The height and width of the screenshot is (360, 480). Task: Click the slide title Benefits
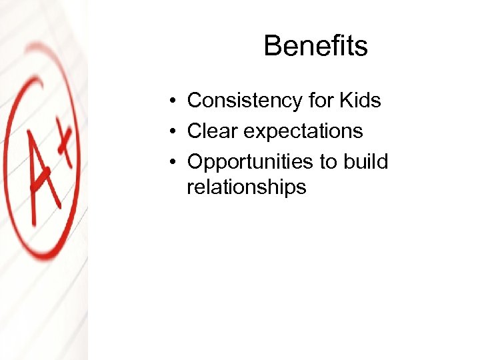(x=315, y=46)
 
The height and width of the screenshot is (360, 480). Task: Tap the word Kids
(x=360, y=101)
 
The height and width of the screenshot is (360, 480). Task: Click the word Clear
(x=213, y=131)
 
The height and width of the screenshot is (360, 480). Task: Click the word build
(x=365, y=161)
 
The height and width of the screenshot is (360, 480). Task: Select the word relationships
(x=246, y=187)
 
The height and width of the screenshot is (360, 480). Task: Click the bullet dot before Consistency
(x=172, y=101)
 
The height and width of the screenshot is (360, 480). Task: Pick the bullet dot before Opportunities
(x=172, y=162)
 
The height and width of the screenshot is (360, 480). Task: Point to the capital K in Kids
(x=346, y=101)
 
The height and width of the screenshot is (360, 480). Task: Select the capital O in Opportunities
(x=195, y=161)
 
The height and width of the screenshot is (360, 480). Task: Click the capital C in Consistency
(x=194, y=101)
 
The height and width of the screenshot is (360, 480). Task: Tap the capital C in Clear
(x=194, y=131)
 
